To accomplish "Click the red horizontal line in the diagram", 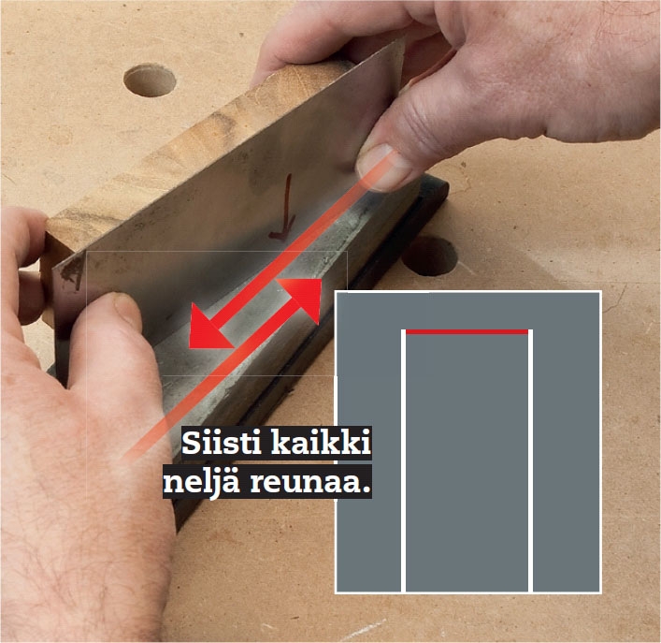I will [467, 331].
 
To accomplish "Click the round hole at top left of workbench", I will [150, 80].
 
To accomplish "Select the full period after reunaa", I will [365, 492].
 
